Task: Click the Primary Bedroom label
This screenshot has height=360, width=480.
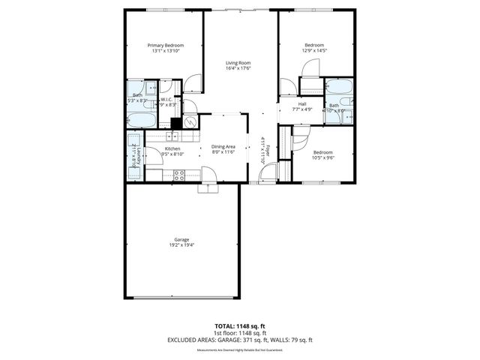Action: click(x=165, y=46)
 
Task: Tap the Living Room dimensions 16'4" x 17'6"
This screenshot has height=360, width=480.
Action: click(x=238, y=68)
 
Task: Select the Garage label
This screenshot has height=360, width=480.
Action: click(x=181, y=239)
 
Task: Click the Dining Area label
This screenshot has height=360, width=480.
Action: click(x=223, y=146)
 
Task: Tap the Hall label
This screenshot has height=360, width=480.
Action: click(x=301, y=104)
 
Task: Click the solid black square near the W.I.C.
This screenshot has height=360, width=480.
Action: click(x=175, y=124)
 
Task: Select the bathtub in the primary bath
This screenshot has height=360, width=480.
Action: click(x=140, y=120)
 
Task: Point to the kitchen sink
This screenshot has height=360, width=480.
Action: click(x=173, y=136)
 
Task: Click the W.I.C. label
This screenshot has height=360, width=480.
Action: click(x=166, y=99)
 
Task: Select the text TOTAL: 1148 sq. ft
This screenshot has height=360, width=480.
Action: click(x=239, y=326)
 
